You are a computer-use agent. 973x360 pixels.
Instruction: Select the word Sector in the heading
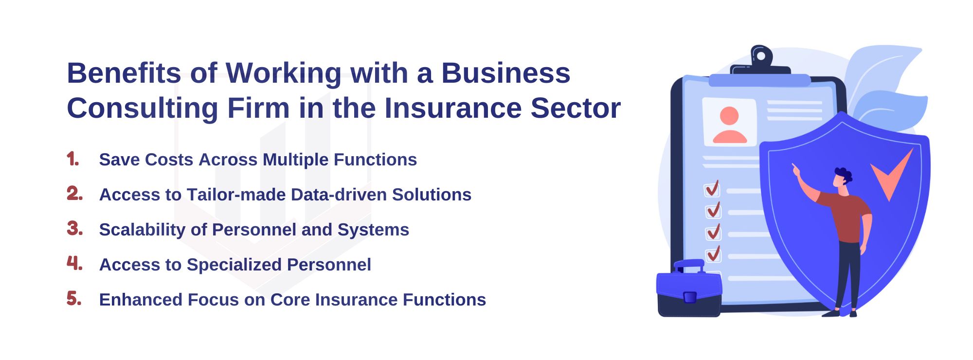coord(576,108)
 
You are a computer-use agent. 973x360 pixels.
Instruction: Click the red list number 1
coord(73,159)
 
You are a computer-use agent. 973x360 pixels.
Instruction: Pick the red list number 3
coord(74,228)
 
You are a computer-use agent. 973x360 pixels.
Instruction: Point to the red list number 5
coord(74,298)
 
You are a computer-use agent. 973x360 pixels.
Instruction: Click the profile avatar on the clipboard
coord(729,125)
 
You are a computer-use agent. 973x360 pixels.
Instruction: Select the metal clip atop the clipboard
coord(760,61)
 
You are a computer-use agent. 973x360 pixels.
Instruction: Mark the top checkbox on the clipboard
coord(712,189)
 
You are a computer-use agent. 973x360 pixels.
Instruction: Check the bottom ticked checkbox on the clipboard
coord(713,254)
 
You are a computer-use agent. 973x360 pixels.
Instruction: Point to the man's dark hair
coord(844,175)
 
